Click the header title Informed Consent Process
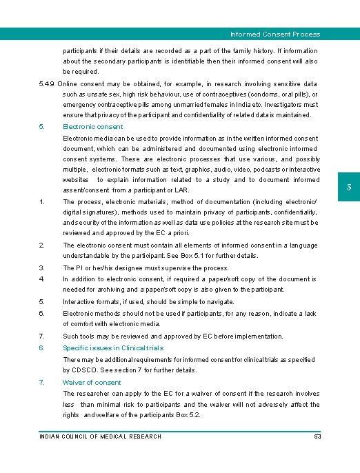275,34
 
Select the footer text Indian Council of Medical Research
100,436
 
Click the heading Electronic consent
93,127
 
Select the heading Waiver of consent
92,382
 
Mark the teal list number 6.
42,348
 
